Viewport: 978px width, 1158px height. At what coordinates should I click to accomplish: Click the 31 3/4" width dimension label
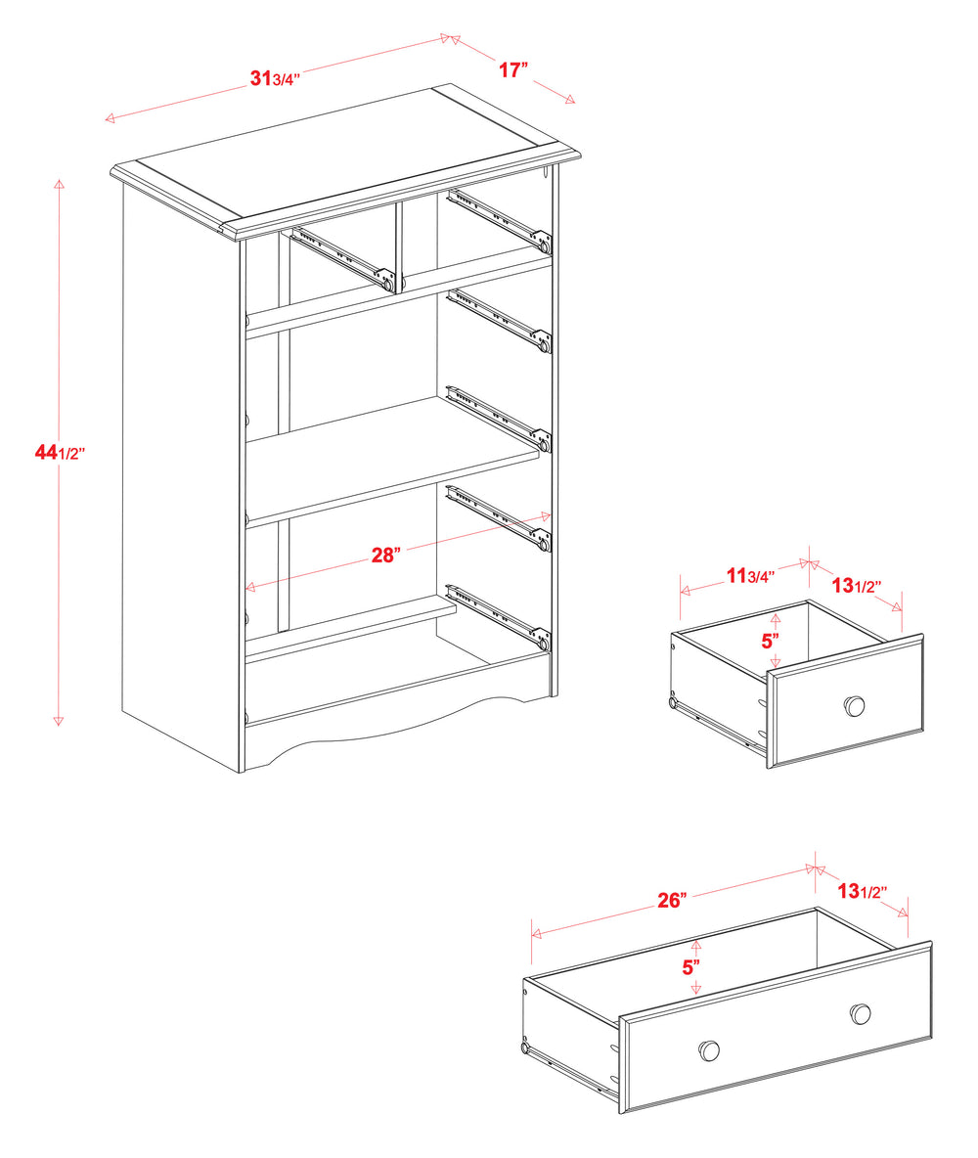click(x=275, y=77)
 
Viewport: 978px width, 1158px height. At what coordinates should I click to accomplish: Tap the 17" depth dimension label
click(x=513, y=70)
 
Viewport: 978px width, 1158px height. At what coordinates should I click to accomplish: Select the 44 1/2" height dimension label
click(x=60, y=452)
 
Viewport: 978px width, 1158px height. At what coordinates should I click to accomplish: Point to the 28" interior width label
click(x=385, y=556)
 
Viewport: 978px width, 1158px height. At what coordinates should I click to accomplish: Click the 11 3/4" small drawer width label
click(x=750, y=575)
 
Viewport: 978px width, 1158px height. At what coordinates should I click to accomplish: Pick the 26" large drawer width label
click(x=672, y=900)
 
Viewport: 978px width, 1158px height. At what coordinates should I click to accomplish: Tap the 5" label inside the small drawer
click(x=771, y=641)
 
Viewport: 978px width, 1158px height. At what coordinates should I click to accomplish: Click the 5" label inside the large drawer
click(x=690, y=966)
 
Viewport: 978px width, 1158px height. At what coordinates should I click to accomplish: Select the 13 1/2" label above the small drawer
click(x=856, y=586)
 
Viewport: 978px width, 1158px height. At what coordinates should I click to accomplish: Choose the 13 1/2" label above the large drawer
click(x=862, y=891)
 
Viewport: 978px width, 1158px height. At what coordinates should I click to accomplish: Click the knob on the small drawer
click(x=855, y=705)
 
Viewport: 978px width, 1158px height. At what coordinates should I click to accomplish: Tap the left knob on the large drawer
click(x=709, y=1049)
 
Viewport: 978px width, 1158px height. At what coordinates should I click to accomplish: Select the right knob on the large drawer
click(x=860, y=1013)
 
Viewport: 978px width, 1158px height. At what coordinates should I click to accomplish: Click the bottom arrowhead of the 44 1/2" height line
click(x=59, y=720)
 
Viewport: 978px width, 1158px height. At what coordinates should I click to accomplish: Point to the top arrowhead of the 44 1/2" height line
click(x=59, y=184)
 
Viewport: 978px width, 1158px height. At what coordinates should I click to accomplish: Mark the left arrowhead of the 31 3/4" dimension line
click(x=111, y=117)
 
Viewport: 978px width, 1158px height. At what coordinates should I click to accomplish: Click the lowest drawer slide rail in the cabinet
click(x=499, y=616)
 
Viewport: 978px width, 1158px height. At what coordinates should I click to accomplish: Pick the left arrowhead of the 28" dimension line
click(x=250, y=587)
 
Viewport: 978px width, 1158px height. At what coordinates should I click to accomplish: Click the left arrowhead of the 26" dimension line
click(x=536, y=934)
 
